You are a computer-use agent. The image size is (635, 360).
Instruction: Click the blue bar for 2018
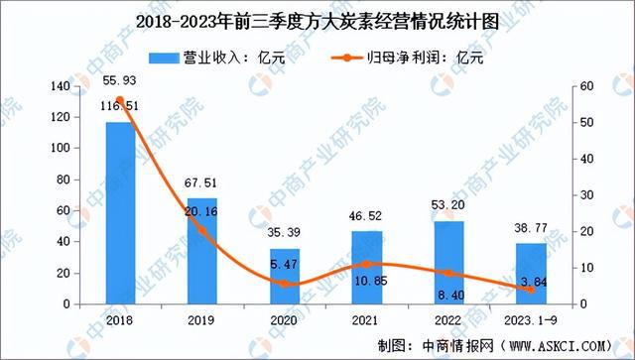click(x=120, y=212)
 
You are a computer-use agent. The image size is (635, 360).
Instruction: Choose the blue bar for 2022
click(x=449, y=262)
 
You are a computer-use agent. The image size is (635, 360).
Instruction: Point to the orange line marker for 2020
click(x=286, y=284)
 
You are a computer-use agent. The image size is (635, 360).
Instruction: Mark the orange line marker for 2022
click(x=449, y=273)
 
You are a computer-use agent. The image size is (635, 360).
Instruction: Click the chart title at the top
click(x=317, y=18)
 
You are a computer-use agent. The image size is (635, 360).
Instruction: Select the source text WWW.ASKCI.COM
click(x=562, y=346)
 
